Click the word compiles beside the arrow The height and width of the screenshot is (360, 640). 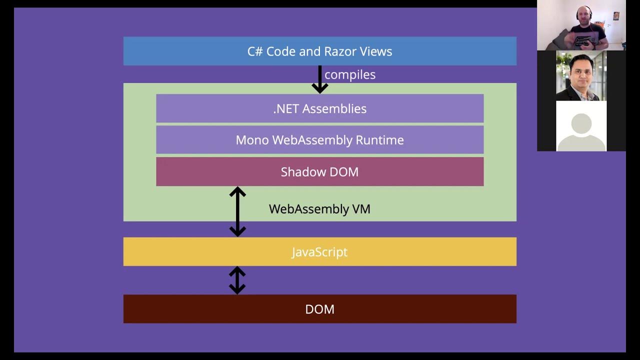(x=350, y=75)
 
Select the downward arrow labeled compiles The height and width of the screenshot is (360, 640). (x=319, y=79)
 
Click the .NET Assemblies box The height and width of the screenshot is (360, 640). (x=319, y=108)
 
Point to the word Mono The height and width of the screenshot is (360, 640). (x=252, y=140)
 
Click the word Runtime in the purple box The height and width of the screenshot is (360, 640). (x=379, y=140)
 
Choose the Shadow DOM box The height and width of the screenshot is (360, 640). (x=319, y=172)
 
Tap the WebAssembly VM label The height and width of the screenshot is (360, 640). (x=319, y=209)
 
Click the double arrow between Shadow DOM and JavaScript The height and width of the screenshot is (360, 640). (x=237, y=211)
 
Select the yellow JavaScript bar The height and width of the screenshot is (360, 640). (x=319, y=252)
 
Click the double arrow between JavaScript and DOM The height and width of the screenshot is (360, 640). (x=237, y=280)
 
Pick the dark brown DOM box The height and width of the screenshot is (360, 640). (x=319, y=309)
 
